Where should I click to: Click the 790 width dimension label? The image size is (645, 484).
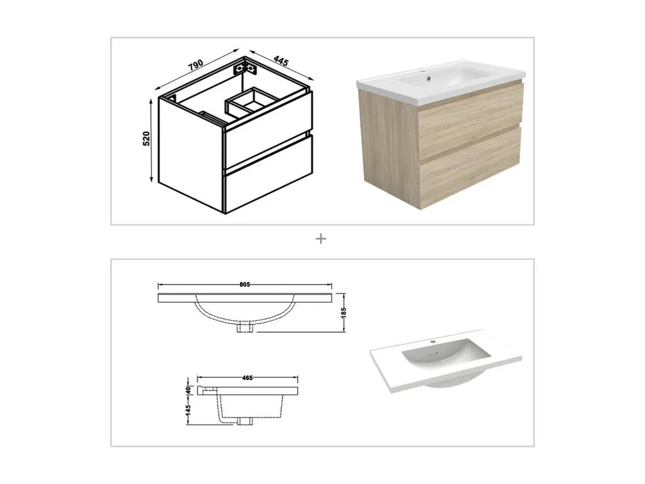196,65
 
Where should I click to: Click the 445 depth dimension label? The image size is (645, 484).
281,61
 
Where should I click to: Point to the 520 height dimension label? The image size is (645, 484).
146,139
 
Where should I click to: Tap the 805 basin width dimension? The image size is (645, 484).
244,285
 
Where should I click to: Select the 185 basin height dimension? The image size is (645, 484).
344,312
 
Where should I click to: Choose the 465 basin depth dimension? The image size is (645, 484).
247,378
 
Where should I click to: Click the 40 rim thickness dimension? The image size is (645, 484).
188,390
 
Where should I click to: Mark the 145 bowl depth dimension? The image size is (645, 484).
188,410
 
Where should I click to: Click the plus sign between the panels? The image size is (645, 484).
321,239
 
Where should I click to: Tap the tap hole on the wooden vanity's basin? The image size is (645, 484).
428,77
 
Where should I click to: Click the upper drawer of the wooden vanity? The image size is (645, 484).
470,119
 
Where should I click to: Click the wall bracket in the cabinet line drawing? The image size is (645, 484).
245,68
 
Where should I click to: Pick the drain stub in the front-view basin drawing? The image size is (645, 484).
245,328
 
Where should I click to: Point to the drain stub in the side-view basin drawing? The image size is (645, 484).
244,421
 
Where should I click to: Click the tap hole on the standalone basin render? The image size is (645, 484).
432,341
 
